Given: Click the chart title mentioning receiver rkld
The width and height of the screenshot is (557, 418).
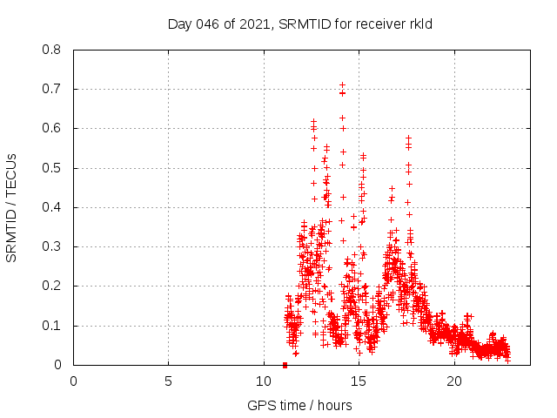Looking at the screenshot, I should (300, 24).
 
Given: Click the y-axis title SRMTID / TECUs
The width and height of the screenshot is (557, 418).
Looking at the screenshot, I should (12, 207).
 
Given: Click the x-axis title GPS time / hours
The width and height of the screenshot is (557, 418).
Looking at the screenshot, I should (300, 405).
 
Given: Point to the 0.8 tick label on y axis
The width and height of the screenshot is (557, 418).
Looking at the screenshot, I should (52, 50).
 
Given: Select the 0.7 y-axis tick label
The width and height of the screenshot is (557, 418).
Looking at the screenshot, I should (52, 89).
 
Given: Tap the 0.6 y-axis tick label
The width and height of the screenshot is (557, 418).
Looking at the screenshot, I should (52, 128).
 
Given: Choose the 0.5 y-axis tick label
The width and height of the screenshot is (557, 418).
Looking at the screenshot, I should (52, 168).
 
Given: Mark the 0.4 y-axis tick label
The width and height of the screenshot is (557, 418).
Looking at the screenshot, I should (52, 207).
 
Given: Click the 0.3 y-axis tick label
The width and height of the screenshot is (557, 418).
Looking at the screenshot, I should (52, 246).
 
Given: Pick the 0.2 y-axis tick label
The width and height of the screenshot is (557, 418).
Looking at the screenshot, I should (52, 286).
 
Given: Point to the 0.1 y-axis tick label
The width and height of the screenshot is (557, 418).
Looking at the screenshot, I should (52, 326).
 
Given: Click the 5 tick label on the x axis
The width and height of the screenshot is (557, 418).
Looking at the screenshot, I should (169, 381).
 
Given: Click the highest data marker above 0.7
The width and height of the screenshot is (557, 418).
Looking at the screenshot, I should (342, 85).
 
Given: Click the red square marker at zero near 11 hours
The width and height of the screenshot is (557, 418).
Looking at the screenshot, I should (285, 365).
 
